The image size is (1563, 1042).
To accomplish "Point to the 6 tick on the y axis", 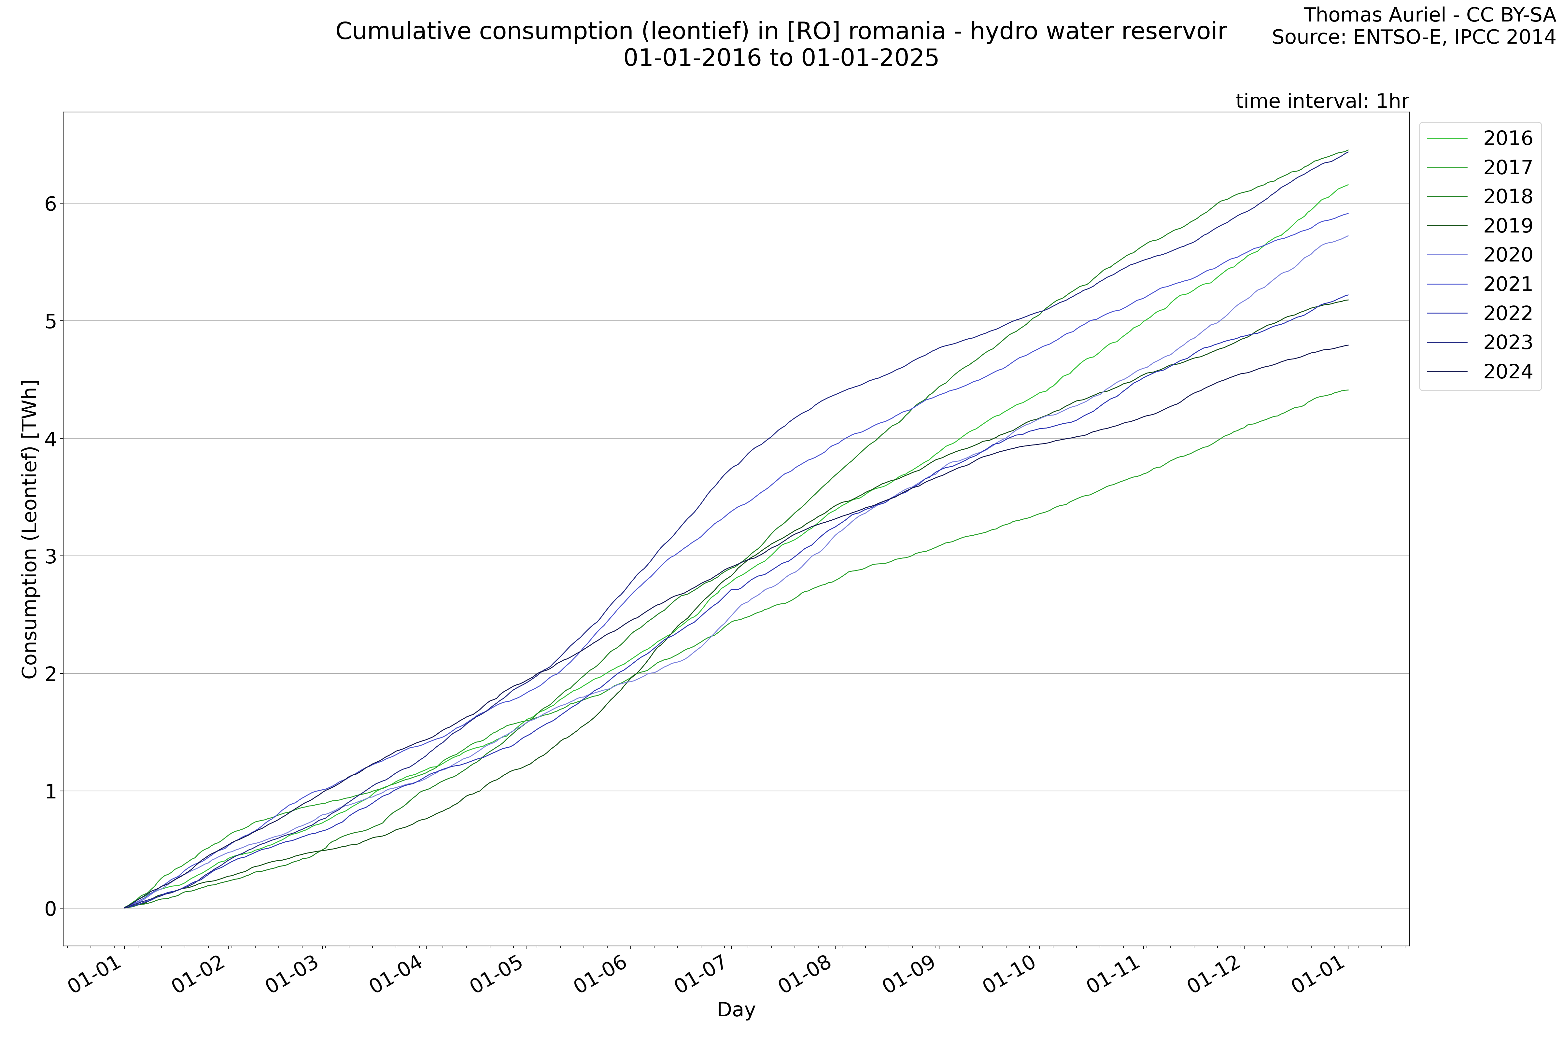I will (x=50, y=203).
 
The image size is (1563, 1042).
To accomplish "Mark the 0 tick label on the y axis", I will (x=50, y=908).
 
